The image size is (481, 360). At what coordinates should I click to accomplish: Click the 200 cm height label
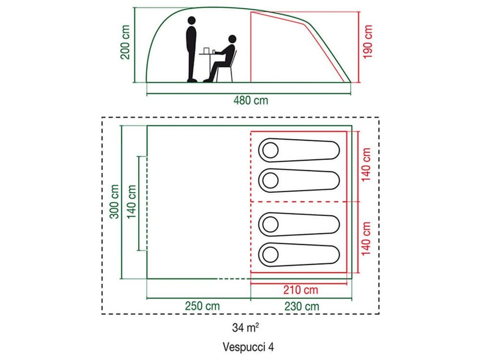pyautogui.click(x=125, y=42)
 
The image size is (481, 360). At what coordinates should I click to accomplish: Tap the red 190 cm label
pyautogui.click(x=367, y=42)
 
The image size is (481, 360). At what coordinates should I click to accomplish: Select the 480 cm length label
pyautogui.click(x=251, y=100)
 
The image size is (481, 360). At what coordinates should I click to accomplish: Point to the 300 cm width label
pyautogui.click(x=114, y=201)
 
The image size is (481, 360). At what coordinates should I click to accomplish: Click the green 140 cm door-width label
pyautogui.click(x=132, y=202)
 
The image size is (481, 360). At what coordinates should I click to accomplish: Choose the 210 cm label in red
pyautogui.click(x=301, y=290)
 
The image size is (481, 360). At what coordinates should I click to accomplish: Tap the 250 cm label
pyautogui.click(x=202, y=306)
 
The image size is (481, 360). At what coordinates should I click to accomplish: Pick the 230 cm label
pyautogui.click(x=302, y=306)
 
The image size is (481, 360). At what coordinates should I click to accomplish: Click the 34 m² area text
pyautogui.click(x=246, y=327)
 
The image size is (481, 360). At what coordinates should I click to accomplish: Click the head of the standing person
pyautogui.click(x=192, y=21)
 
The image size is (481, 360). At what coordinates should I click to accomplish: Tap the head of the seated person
pyautogui.click(x=232, y=39)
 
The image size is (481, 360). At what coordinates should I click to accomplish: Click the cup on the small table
pyautogui.click(x=206, y=50)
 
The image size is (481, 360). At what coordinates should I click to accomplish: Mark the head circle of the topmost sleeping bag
pyautogui.click(x=270, y=150)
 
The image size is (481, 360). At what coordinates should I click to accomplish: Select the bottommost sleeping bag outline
pyautogui.click(x=299, y=255)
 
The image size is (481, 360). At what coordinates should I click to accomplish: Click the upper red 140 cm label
pyautogui.click(x=366, y=165)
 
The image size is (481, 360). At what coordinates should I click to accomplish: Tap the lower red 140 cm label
pyautogui.click(x=366, y=238)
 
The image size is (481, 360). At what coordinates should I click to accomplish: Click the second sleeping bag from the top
pyautogui.click(x=299, y=180)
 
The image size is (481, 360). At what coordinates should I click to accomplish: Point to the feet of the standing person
pyautogui.click(x=192, y=80)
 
